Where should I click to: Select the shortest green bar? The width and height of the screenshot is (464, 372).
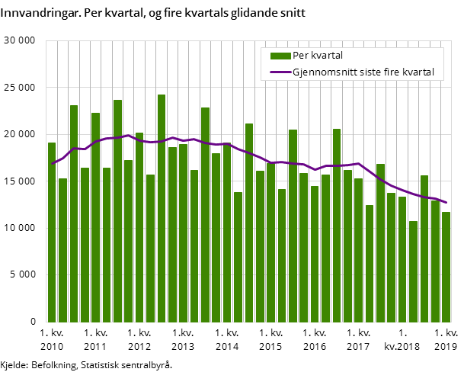pyautogui.click(x=413, y=271)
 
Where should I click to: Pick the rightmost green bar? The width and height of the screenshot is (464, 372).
pyautogui.click(x=446, y=267)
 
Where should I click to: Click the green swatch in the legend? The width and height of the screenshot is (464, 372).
pyautogui.click(x=280, y=56)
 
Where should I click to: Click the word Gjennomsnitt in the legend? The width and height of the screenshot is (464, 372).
pyautogui.click(x=325, y=72)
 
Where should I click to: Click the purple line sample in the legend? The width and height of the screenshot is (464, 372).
pyautogui.click(x=280, y=72)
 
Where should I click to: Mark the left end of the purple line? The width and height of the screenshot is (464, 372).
pyautogui.click(x=52, y=163)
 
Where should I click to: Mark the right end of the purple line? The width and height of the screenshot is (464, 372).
pyautogui.click(x=446, y=203)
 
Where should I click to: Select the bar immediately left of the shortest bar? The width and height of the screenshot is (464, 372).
pyautogui.click(x=402, y=259)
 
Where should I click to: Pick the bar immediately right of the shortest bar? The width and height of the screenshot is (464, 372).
pyautogui.click(x=424, y=249)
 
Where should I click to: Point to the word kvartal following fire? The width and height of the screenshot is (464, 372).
pyautogui.click(x=420, y=72)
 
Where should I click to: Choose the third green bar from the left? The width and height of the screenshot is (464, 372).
pyautogui.click(x=74, y=213)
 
